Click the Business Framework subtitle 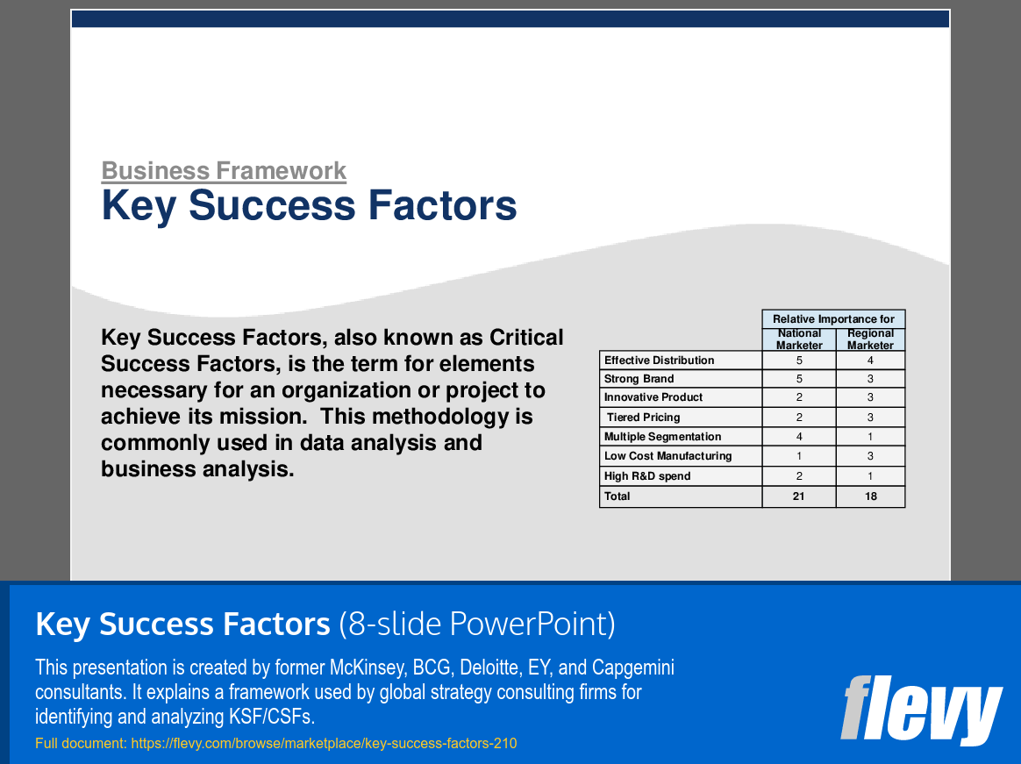pos(224,171)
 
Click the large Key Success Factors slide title pos(309,205)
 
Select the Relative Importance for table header pos(833,319)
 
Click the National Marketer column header pos(799,339)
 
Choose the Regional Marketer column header pos(870,339)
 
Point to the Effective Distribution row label pos(659,361)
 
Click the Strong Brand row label pos(639,379)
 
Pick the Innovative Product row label pos(653,397)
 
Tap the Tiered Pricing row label pos(643,418)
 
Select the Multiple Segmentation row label pos(662,437)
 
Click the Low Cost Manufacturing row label pos(668,456)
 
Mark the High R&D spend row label pos(647,476)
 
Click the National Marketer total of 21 pos(799,496)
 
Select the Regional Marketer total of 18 pos(870,496)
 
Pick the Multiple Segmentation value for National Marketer pos(799,437)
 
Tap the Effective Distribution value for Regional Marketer pos(870,361)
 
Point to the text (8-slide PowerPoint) pos(477,625)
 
